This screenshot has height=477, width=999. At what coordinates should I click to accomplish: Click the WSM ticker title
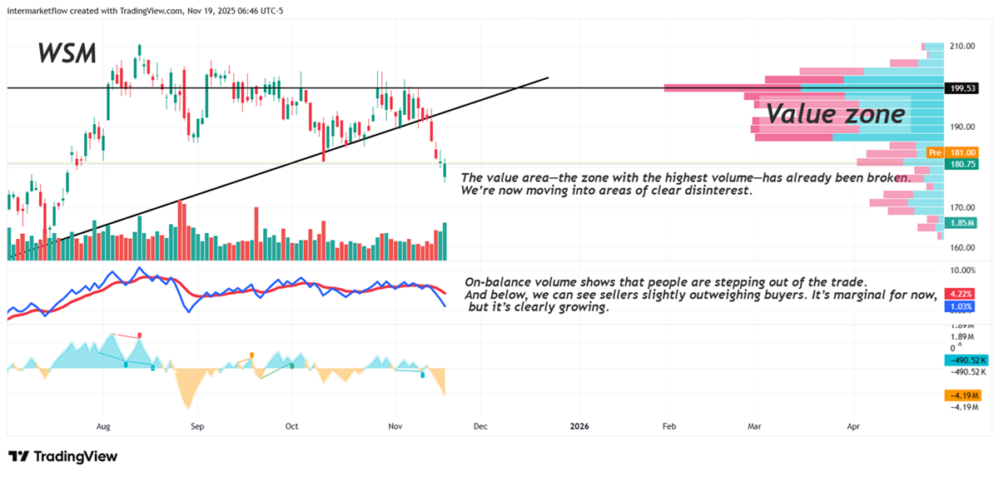[x=67, y=54]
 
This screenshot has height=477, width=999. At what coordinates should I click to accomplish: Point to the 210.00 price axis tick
[x=963, y=46]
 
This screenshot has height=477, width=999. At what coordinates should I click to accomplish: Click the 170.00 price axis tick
[x=963, y=207]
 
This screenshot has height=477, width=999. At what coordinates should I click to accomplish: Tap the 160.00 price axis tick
[x=963, y=247]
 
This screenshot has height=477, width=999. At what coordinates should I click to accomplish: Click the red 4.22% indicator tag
[x=962, y=294]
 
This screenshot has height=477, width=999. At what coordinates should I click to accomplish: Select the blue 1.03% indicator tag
[x=962, y=307]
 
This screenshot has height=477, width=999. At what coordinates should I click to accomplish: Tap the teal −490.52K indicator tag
[x=967, y=360]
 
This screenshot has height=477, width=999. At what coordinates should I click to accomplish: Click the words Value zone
[x=835, y=113]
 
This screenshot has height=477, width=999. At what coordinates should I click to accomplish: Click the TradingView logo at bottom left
[x=62, y=456]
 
